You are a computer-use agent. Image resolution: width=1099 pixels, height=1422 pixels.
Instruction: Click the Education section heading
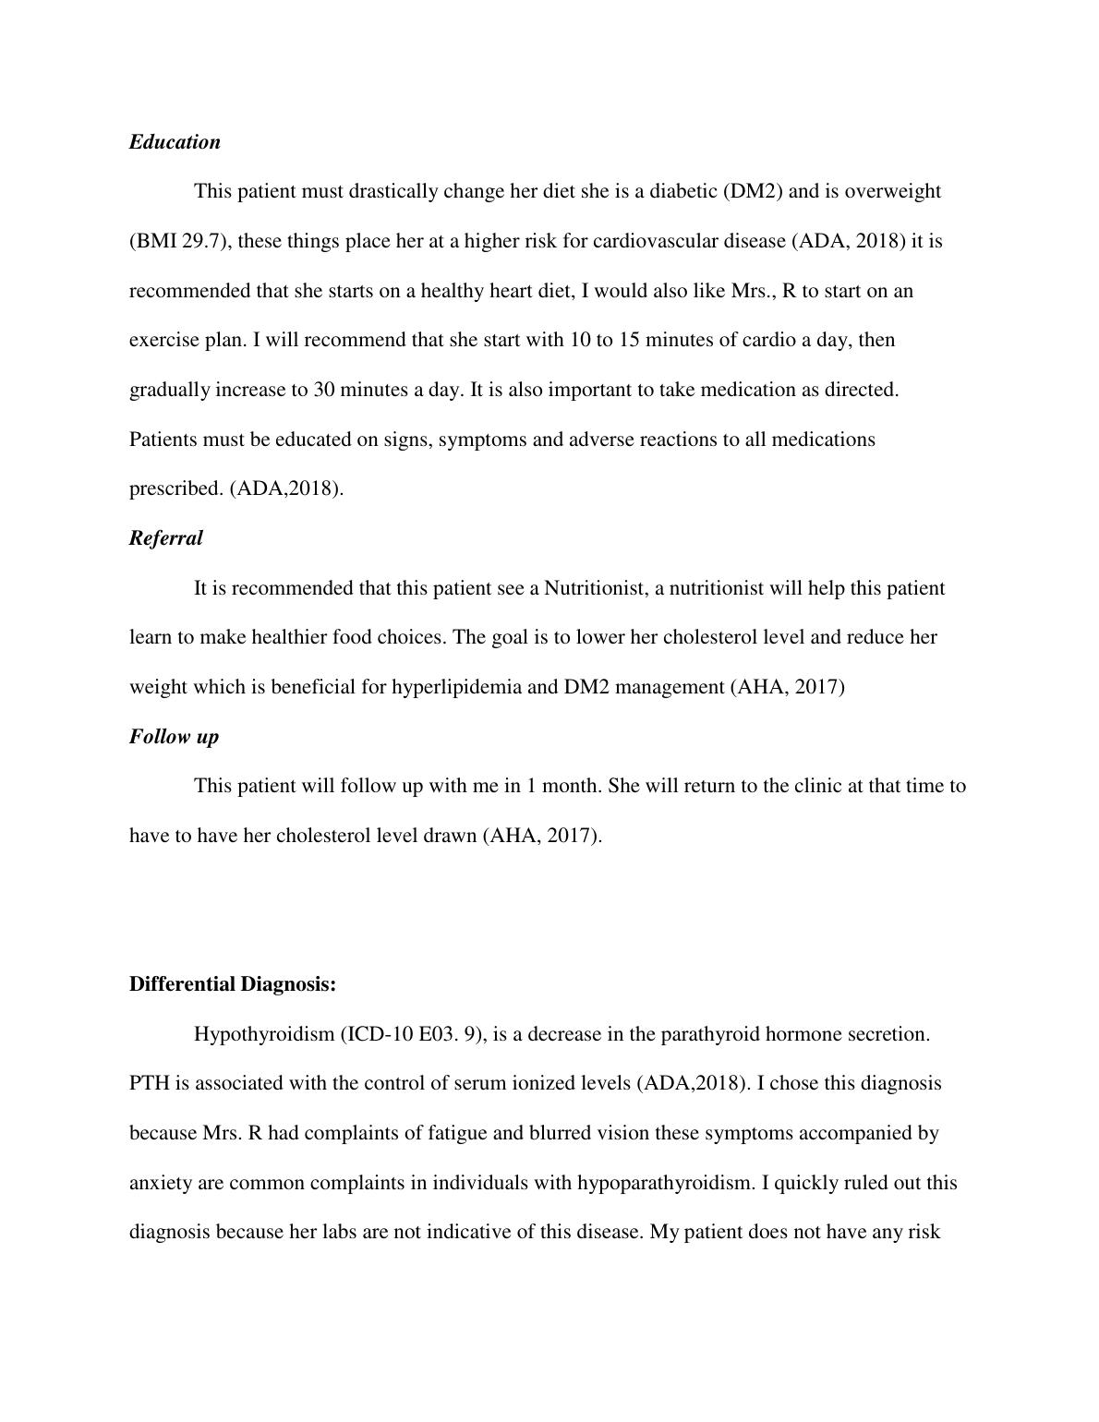(x=175, y=142)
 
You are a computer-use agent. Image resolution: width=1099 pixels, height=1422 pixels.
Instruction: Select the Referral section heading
(x=165, y=538)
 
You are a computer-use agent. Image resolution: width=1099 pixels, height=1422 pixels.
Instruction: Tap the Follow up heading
(x=174, y=737)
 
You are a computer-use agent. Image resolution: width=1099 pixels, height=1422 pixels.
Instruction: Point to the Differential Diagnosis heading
(x=232, y=984)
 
